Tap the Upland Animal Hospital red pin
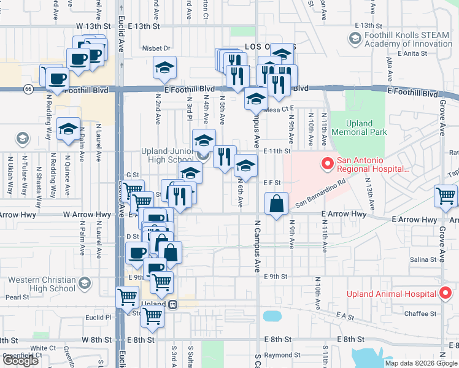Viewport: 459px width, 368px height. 446,293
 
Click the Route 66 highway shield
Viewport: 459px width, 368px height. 28,90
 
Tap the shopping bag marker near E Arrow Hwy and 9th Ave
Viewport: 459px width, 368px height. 277,203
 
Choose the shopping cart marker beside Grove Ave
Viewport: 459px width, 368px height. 445,196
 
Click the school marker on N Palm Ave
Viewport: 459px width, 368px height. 68,129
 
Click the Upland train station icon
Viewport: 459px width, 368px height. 173,304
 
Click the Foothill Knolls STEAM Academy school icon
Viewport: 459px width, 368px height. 354,39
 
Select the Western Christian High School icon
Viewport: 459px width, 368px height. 84,283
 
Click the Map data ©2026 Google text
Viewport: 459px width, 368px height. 420,363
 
